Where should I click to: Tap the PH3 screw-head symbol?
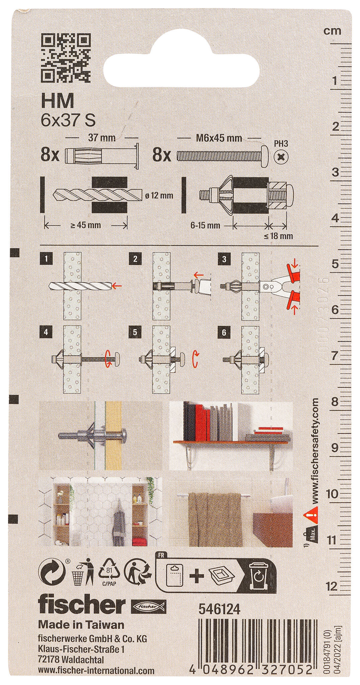pyautogui.click(x=281, y=156)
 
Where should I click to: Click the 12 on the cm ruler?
pyautogui.click(x=331, y=585)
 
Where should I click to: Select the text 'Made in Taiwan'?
pyautogui.click(x=81, y=624)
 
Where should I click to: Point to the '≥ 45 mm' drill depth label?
pyautogui.click(x=85, y=225)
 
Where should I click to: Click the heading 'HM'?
pyautogui.click(x=57, y=101)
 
